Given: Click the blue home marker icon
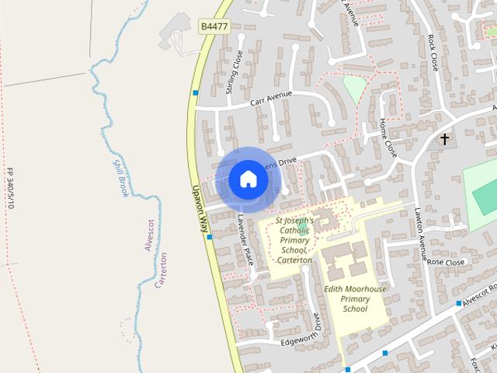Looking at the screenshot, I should (248, 179).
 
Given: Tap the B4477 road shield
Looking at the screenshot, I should (214, 26).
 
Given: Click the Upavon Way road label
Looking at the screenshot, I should (201, 210).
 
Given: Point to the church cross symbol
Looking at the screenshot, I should (445, 140).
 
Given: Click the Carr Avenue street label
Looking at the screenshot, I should (271, 99).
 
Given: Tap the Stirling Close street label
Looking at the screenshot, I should (234, 72).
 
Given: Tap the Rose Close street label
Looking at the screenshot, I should (446, 263).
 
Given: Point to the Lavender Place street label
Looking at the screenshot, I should (246, 240).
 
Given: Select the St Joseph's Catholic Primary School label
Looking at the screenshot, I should (294, 240).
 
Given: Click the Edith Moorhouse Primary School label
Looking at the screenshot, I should (354, 298).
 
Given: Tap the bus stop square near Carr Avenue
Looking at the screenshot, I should (196, 93).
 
